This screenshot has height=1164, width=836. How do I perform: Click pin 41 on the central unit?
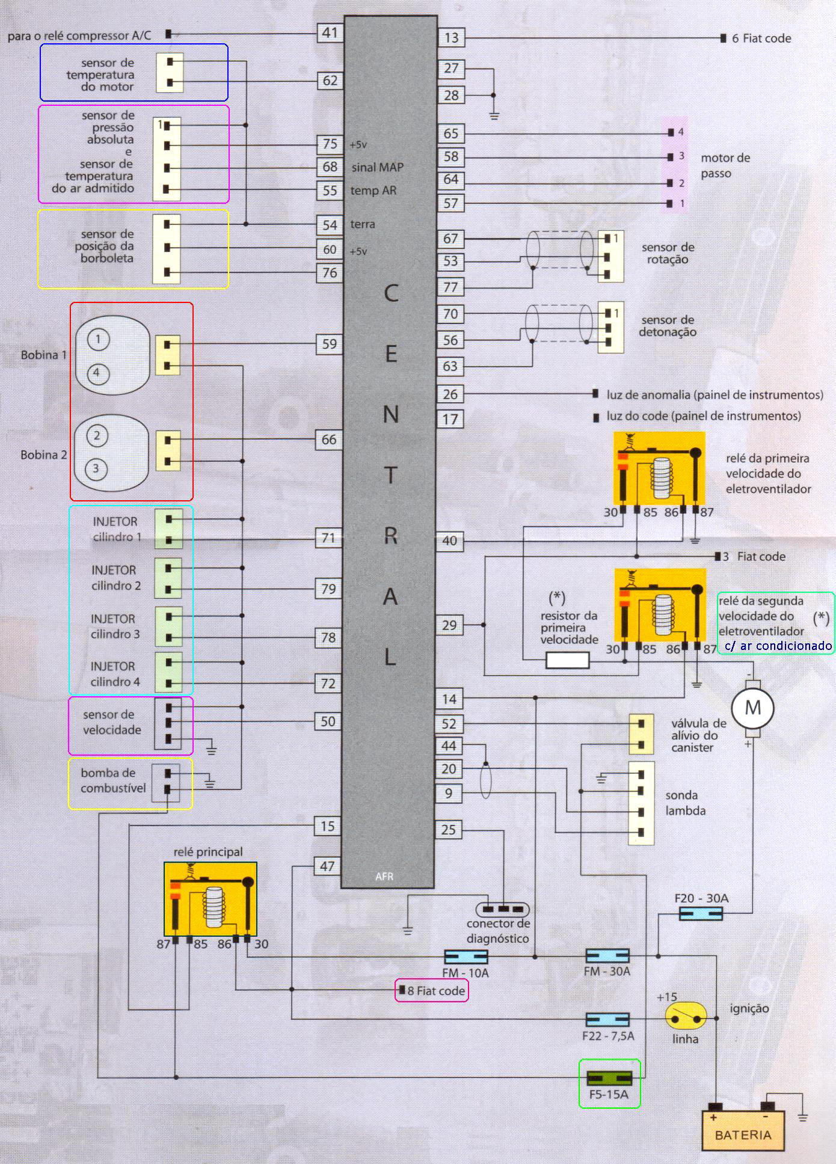coord(330,32)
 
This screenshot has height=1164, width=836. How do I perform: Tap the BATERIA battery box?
coord(743,1130)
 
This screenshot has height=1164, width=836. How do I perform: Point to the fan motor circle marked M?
coord(753,708)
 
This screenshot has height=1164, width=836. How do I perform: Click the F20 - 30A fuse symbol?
coord(701,914)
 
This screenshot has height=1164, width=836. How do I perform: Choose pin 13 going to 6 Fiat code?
coord(451,38)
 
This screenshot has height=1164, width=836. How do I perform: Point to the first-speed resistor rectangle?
coord(567,661)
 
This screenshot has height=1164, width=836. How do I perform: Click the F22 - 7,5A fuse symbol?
coord(607,1019)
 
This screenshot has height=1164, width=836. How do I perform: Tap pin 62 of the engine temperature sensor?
coord(330,81)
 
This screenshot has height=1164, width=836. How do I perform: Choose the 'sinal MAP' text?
coord(378,167)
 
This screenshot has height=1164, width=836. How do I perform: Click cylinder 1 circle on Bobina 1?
coord(97,340)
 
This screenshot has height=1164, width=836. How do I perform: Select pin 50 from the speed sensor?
coord(328,721)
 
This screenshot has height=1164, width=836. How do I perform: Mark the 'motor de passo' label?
coord(725,166)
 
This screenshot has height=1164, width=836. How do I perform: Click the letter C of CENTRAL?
coord(391,293)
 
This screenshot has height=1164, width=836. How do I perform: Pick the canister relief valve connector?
coord(641,734)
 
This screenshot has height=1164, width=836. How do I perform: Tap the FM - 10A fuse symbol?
coord(466,957)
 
